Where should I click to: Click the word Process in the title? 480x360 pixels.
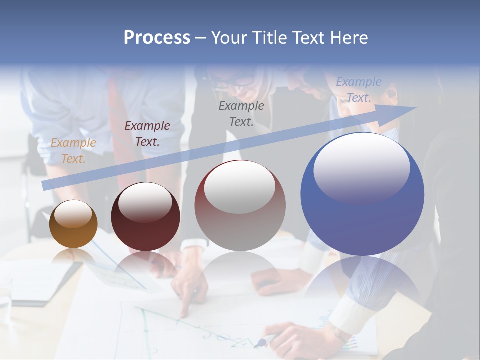pyautogui.click(x=157, y=38)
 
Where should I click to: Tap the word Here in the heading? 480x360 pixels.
pyautogui.click(x=349, y=38)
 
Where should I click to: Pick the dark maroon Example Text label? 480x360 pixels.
pyautogui.click(x=147, y=134)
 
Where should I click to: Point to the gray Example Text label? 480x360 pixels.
pyautogui.click(x=241, y=113)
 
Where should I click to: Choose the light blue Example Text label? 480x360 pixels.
pyautogui.click(x=359, y=90)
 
